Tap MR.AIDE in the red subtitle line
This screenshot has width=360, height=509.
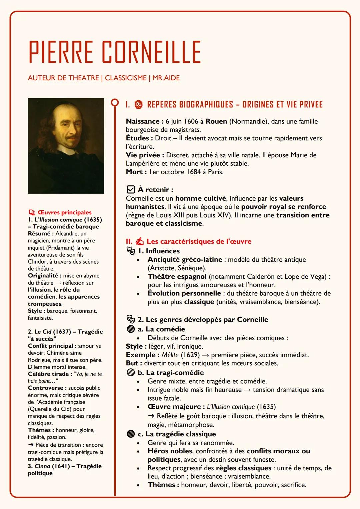point(166,78)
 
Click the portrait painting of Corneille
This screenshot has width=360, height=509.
point(66,146)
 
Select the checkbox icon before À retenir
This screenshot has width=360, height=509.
point(131,190)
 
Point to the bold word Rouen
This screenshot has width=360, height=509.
point(216,121)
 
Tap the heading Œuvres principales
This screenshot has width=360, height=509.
point(64,212)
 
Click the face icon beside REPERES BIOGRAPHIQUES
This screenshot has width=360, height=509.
point(138,105)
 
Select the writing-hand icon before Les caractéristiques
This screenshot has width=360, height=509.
point(140,241)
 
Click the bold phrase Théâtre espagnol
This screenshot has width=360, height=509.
point(177,276)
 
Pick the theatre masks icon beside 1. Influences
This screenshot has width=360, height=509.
point(131,251)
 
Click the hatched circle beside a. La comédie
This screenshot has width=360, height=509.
point(131,329)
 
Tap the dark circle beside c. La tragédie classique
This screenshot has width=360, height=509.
point(131,434)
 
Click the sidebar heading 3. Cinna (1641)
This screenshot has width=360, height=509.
point(49,466)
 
